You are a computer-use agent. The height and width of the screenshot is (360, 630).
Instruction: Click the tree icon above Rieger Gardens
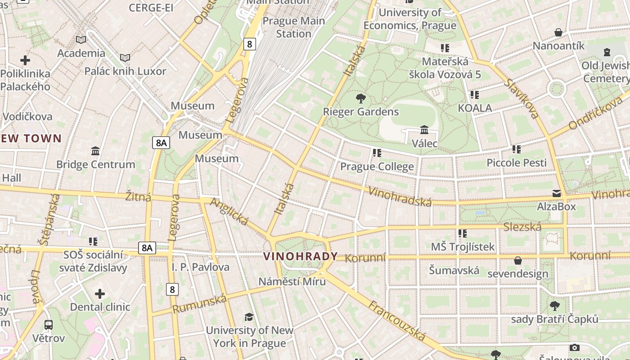(x=360, y=98)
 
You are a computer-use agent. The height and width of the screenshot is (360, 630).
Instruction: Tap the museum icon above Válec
(x=424, y=130)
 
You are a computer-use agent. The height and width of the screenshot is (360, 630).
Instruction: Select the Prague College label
(x=377, y=166)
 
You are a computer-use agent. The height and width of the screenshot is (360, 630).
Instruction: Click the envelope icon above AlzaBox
(x=557, y=193)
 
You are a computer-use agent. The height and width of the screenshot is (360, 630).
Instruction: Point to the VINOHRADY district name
(x=300, y=256)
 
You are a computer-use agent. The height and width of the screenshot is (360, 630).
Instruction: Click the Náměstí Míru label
(x=292, y=282)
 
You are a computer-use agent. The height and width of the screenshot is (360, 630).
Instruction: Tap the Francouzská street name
(x=396, y=320)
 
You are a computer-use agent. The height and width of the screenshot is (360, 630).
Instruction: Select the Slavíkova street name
(x=522, y=99)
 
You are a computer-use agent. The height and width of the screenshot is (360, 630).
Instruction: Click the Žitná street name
(x=138, y=197)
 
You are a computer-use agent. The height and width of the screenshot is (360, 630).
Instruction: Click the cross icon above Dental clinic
(x=100, y=294)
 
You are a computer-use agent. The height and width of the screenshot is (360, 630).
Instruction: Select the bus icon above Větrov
(x=49, y=324)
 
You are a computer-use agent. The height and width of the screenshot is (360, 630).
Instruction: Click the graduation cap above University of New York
(x=249, y=317)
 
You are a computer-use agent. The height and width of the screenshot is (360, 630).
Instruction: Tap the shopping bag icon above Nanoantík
(x=558, y=32)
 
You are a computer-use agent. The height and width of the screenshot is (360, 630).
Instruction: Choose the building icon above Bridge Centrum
(x=95, y=151)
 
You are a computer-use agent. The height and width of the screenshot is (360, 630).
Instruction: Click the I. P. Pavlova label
(x=200, y=267)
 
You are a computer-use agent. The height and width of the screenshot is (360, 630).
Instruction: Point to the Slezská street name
(x=522, y=227)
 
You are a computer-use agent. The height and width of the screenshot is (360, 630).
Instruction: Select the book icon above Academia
(x=81, y=40)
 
